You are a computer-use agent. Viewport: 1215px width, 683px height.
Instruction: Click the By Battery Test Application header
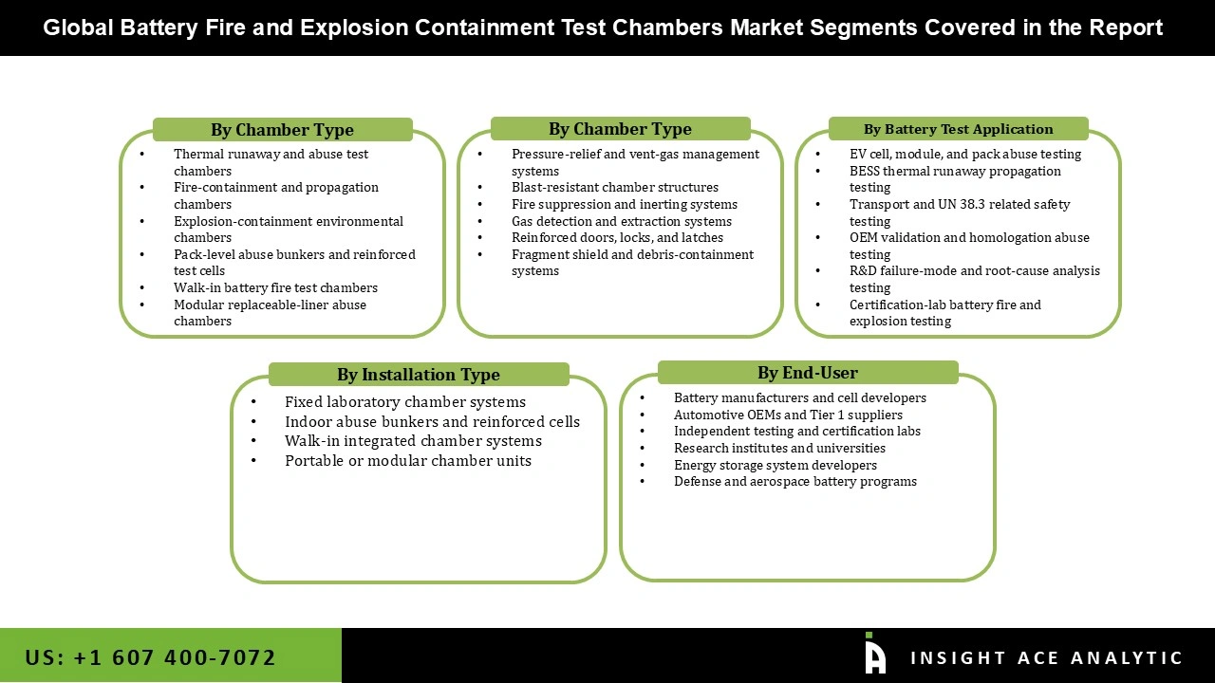click(x=958, y=129)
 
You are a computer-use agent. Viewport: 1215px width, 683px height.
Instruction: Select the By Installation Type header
click(x=418, y=375)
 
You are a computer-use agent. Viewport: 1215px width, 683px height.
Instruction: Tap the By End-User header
click(x=807, y=373)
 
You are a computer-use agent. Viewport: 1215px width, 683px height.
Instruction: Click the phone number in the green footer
click(x=151, y=657)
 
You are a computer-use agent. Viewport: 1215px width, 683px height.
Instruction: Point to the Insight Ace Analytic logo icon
click(x=874, y=655)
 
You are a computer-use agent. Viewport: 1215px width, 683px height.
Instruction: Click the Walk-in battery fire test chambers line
click(x=275, y=287)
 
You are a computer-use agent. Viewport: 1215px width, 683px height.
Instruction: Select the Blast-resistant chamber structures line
click(x=614, y=188)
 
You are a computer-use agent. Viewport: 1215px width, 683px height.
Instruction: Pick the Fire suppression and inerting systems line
click(x=624, y=204)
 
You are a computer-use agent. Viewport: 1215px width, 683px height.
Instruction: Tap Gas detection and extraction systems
click(x=621, y=221)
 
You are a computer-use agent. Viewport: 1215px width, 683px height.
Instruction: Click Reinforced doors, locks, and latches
click(x=617, y=237)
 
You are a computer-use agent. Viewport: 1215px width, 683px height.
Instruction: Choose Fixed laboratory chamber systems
click(x=404, y=402)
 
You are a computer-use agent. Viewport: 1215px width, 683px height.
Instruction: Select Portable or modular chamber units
click(x=407, y=461)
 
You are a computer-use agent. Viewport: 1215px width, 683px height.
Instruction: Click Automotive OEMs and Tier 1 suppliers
click(x=788, y=415)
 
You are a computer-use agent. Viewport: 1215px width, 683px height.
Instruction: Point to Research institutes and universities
click(x=779, y=448)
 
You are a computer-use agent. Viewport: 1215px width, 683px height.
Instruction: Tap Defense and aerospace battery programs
click(x=794, y=481)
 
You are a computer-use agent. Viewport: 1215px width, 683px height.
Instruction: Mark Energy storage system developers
click(x=775, y=465)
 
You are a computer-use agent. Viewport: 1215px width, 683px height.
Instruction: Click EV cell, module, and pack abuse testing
click(x=964, y=154)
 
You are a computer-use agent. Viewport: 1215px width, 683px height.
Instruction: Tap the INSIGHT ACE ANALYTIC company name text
click(x=1046, y=658)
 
